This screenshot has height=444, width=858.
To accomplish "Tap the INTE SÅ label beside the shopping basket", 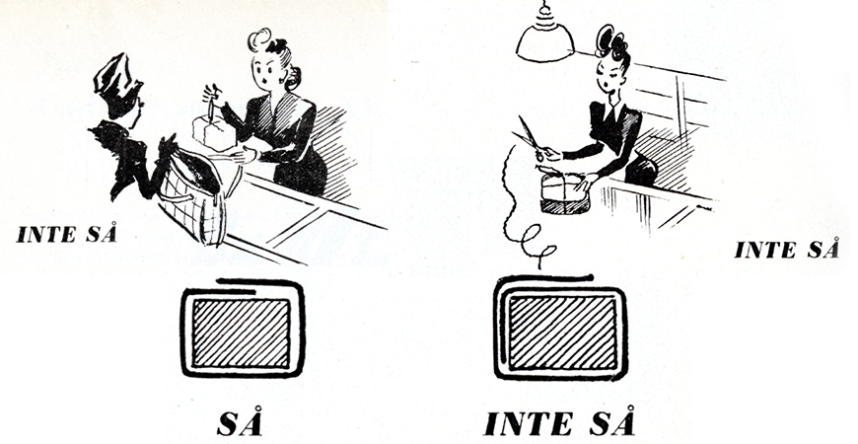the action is tap(67, 234).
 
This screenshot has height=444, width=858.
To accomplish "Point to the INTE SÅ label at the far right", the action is tap(786, 250).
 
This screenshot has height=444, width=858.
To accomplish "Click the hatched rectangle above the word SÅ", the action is tap(241, 333).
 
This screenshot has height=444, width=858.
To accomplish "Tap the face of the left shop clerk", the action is tap(265, 71).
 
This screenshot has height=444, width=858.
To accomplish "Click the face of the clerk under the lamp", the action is tap(611, 77).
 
